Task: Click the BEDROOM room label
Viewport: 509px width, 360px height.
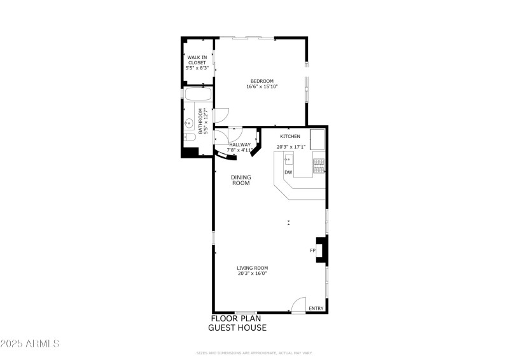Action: (261, 81)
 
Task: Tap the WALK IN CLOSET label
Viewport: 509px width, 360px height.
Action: (197, 60)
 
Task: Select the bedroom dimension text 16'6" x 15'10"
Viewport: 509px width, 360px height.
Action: (261, 87)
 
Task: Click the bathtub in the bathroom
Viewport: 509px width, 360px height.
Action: (198, 95)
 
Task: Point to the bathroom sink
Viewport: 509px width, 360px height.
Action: (190, 123)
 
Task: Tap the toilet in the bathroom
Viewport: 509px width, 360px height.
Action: (190, 137)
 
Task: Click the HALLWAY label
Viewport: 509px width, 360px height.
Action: (240, 144)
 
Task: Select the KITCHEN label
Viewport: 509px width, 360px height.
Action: (290, 136)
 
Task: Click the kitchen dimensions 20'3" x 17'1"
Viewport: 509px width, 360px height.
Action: (291, 147)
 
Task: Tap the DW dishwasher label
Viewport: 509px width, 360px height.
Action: (288, 172)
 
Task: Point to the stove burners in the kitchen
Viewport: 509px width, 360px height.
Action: (318, 166)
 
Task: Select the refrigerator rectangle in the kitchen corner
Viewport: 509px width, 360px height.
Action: (317, 137)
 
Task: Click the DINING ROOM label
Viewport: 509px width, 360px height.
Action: (241, 180)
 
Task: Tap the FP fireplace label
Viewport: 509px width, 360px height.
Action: (312, 251)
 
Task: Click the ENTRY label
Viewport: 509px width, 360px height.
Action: (316, 308)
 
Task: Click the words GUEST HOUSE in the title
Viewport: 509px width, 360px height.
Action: (237, 328)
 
